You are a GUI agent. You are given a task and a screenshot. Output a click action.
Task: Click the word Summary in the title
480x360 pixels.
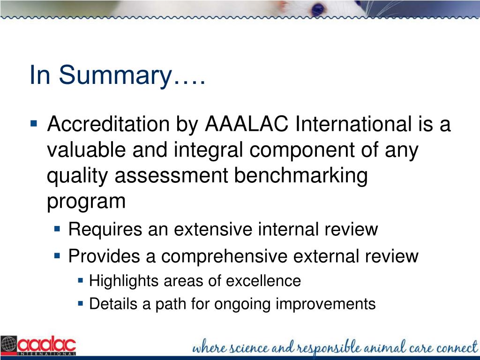pyautogui.click(x=126, y=75)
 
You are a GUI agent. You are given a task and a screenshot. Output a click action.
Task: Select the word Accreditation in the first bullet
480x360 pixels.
pyautogui.click(x=108, y=125)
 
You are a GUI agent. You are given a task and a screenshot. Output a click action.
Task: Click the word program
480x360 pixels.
pyautogui.click(x=86, y=202)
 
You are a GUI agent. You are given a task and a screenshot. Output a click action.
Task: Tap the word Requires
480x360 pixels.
pyautogui.click(x=105, y=230)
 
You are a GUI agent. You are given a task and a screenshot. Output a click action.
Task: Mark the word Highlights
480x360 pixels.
pyautogui.click(x=124, y=281)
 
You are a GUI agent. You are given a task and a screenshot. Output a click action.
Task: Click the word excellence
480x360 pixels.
pyautogui.click(x=263, y=281)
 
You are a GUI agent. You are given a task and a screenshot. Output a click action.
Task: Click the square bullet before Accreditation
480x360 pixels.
pyautogui.click(x=33, y=124)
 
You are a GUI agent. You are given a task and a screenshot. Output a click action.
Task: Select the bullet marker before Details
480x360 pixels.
pyautogui.click(x=80, y=304)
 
